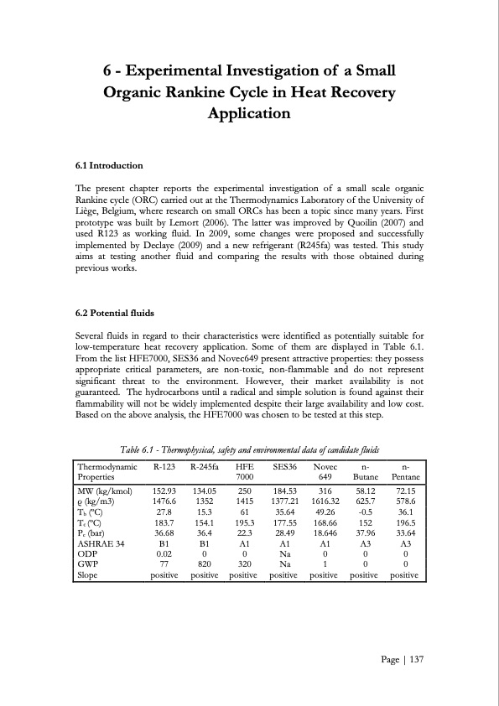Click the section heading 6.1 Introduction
coord(109,165)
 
